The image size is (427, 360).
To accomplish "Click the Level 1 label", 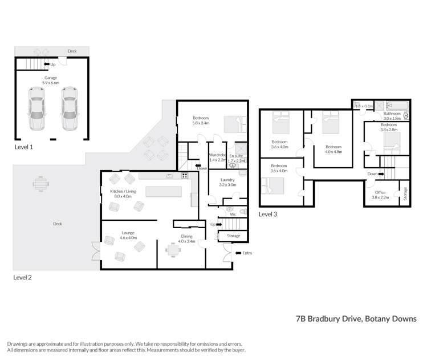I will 23,147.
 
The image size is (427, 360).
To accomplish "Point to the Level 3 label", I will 268,214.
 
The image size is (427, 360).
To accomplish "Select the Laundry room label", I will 228,182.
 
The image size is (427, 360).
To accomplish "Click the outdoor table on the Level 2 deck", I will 39,186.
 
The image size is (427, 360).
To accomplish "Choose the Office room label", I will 380,195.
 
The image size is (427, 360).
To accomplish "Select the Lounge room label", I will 128,234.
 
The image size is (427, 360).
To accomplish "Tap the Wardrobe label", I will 218,157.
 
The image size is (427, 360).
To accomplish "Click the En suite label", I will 236,157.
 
